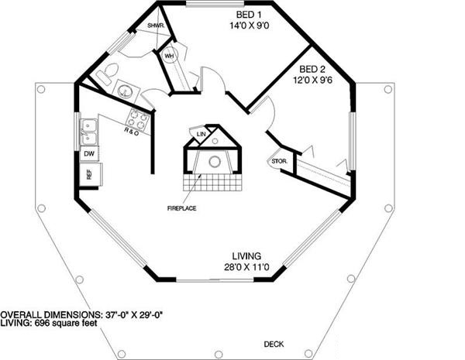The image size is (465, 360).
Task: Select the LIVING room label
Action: (247, 255)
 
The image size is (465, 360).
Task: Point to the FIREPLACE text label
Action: (182, 207)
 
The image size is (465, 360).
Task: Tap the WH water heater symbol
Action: (169, 56)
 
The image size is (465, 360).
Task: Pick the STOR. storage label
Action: (277, 161)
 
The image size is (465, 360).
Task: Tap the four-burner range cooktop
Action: (137, 118)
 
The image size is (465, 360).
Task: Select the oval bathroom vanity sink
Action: (126, 91)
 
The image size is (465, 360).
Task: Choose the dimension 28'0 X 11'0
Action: (246, 268)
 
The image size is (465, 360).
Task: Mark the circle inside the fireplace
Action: (213, 162)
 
